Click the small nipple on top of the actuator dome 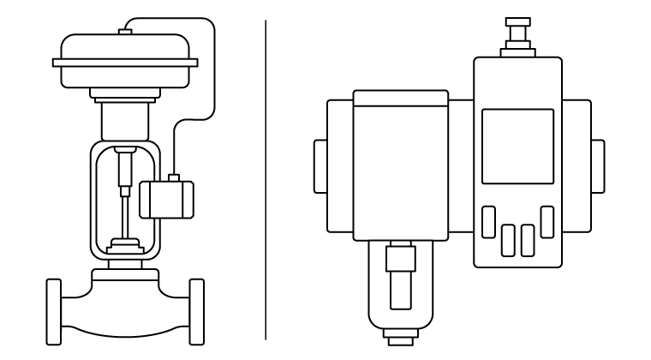pyautogui.click(x=124, y=32)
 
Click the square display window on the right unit pyautogui.click(x=517, y=146)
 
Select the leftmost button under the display pyautogui.click(x=489, y=222)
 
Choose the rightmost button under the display pyautogui.click(x=546, y=222)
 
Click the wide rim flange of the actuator pyautogui.click(x=124, y=62)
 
